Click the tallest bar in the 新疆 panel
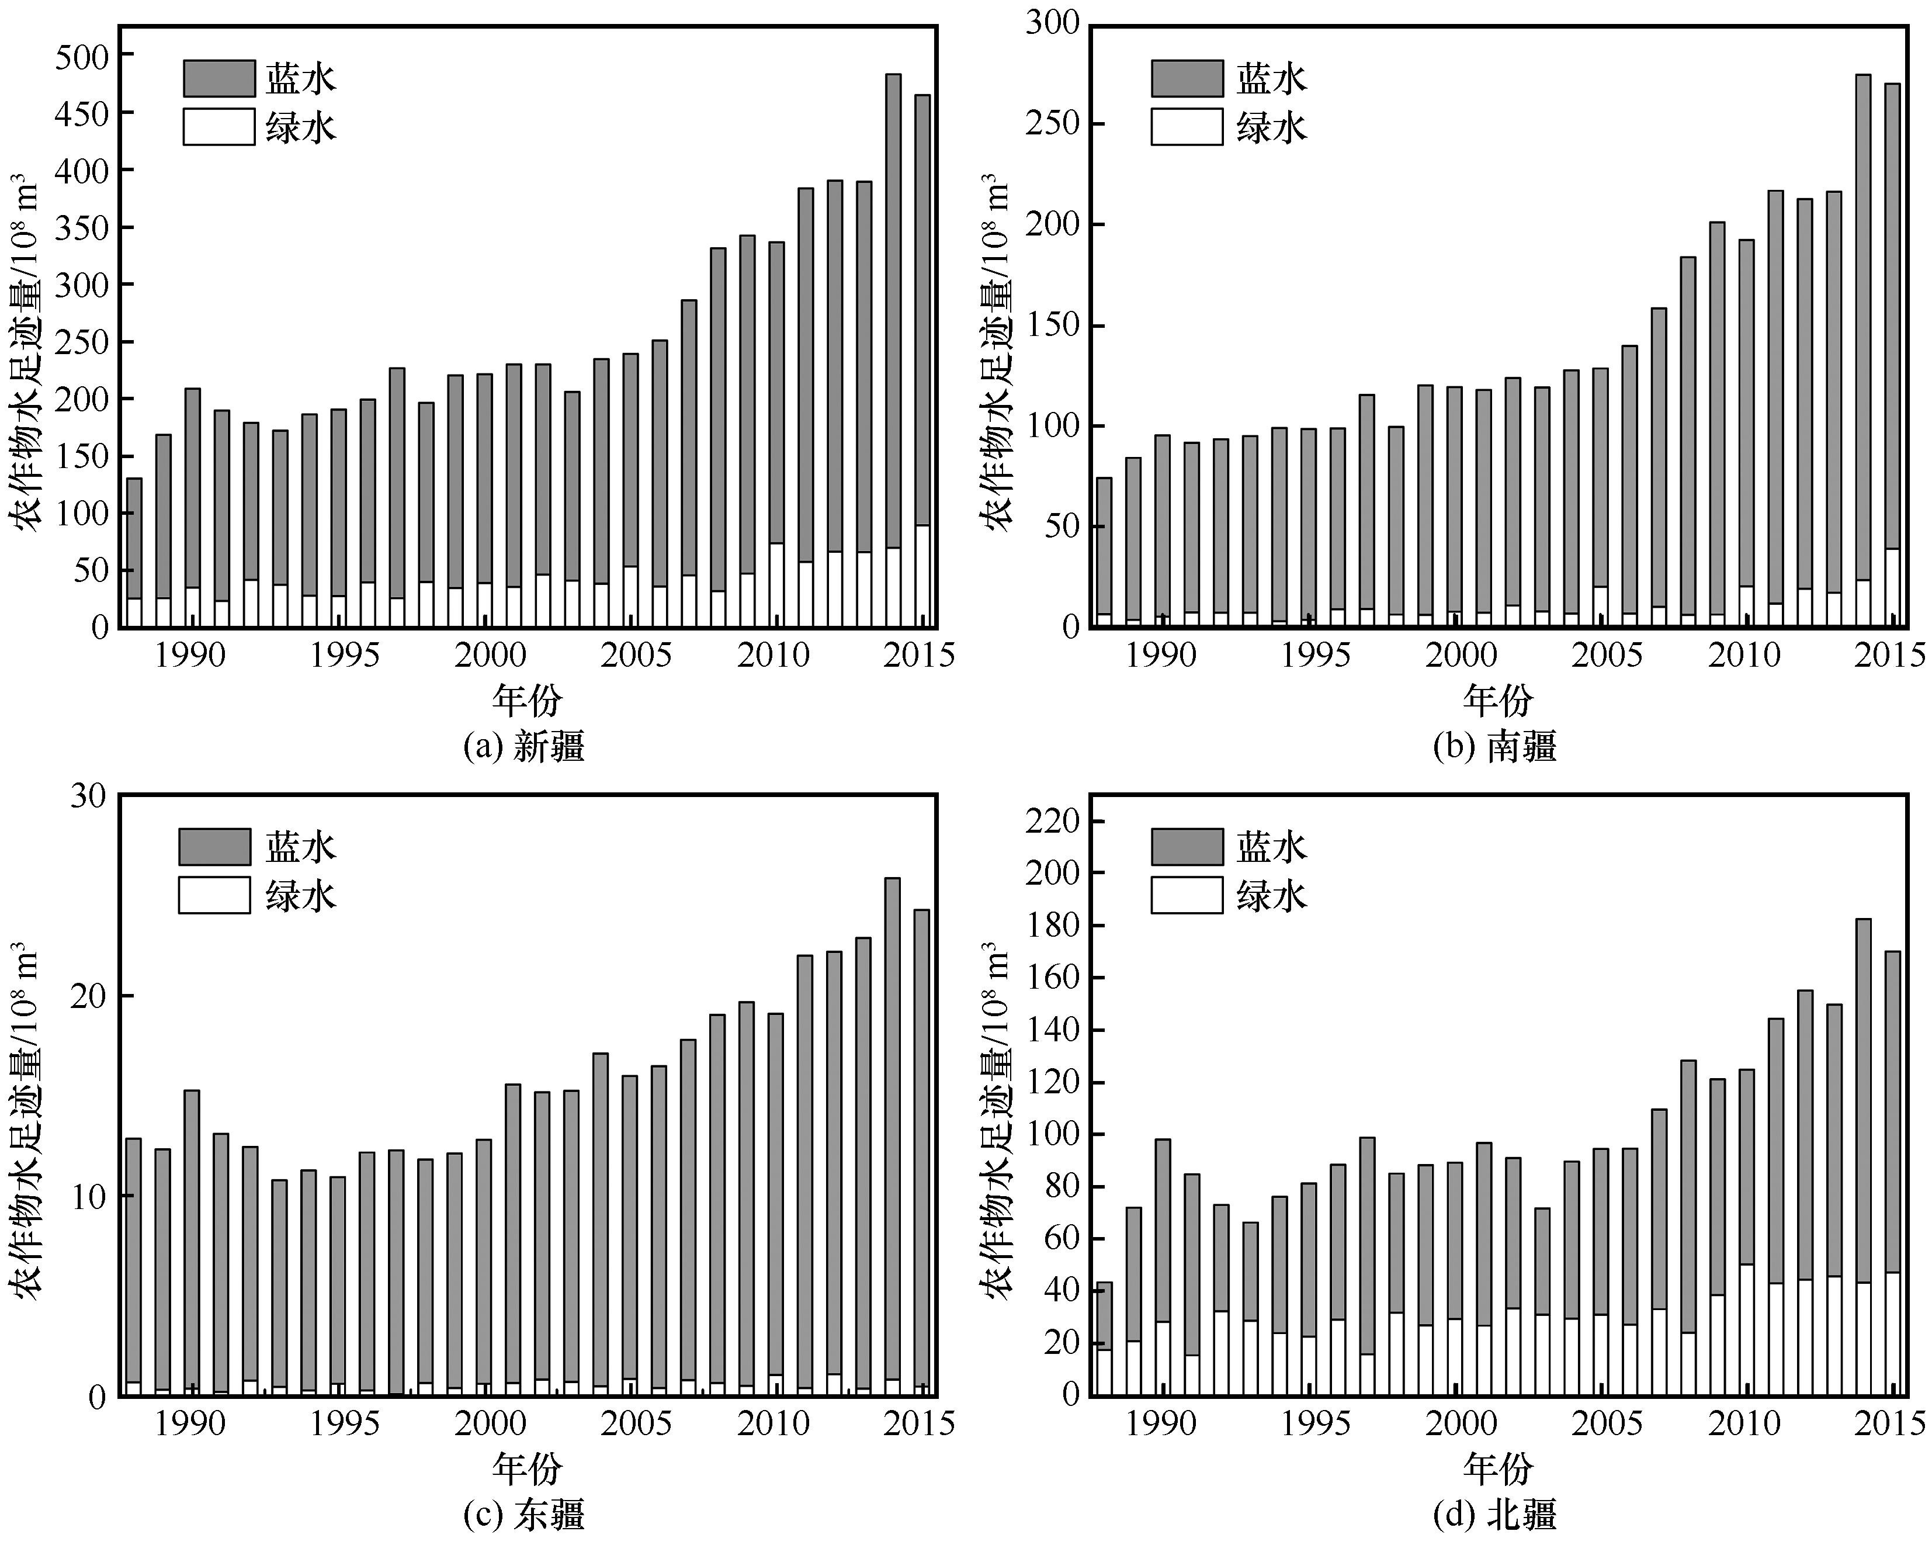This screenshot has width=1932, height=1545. (893, 349)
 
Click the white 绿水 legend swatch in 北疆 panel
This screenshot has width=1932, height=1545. (1187, 895)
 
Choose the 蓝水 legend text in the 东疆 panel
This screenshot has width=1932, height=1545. (300, 847)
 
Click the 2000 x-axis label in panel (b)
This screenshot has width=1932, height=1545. (1461, 655)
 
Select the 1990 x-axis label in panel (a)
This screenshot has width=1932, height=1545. (190, 655)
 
